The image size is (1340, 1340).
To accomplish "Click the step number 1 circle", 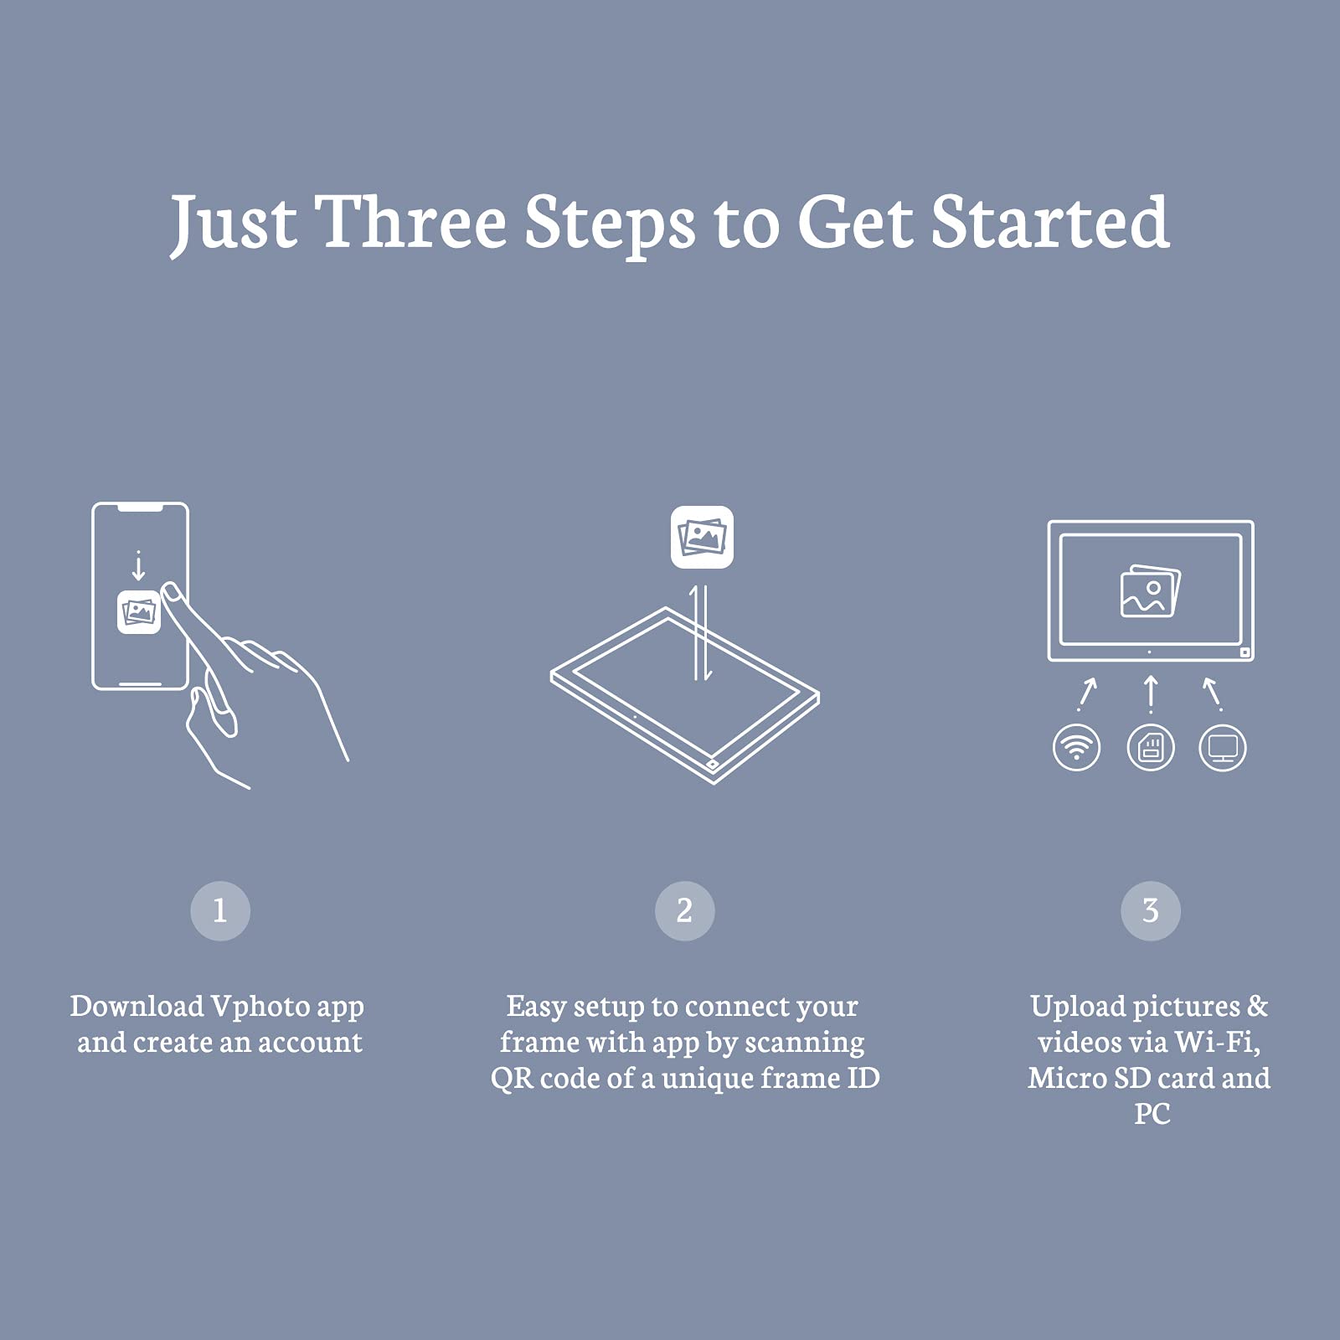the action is click(220, 910).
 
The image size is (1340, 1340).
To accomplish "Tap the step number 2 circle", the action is click(684, 910).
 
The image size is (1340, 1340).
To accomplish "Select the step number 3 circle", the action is click(1151, 910).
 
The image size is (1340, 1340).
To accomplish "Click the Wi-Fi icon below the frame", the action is click(1076, 747).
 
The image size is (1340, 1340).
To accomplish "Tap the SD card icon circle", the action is click(1151, 747).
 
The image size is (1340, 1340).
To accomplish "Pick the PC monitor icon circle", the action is click(1223, 747).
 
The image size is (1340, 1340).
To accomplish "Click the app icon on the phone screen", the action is click(139, 612).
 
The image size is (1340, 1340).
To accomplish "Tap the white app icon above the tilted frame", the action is click(702, 537).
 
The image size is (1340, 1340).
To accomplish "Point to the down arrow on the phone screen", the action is click(139, 566).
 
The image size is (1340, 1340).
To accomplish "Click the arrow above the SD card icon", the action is click(1151, 694).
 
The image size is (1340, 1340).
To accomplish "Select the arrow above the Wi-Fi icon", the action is click(1087, 694).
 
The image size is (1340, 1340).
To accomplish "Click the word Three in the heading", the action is click(410, 222).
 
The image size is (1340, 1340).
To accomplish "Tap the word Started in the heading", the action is click(1050, 222).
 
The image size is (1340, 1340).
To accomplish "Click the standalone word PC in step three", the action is click(1152, 1114).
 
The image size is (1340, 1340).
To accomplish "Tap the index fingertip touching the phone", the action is click(171, 592).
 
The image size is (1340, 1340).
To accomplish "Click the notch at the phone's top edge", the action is click(140, 508).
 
